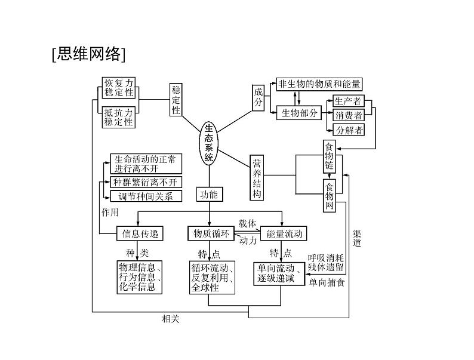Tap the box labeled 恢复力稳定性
coord(119,88)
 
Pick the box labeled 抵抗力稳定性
coord(119,117)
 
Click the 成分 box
coord(258,97)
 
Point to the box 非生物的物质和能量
coord(319,84)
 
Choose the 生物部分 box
coord(299,113)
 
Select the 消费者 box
coord(348,115)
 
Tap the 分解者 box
coord(349,130)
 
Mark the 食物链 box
coord(330,156)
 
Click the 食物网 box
coord(330,196)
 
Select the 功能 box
coord(209,194)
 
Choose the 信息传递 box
coord(139,233)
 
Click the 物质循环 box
coord(208,233)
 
